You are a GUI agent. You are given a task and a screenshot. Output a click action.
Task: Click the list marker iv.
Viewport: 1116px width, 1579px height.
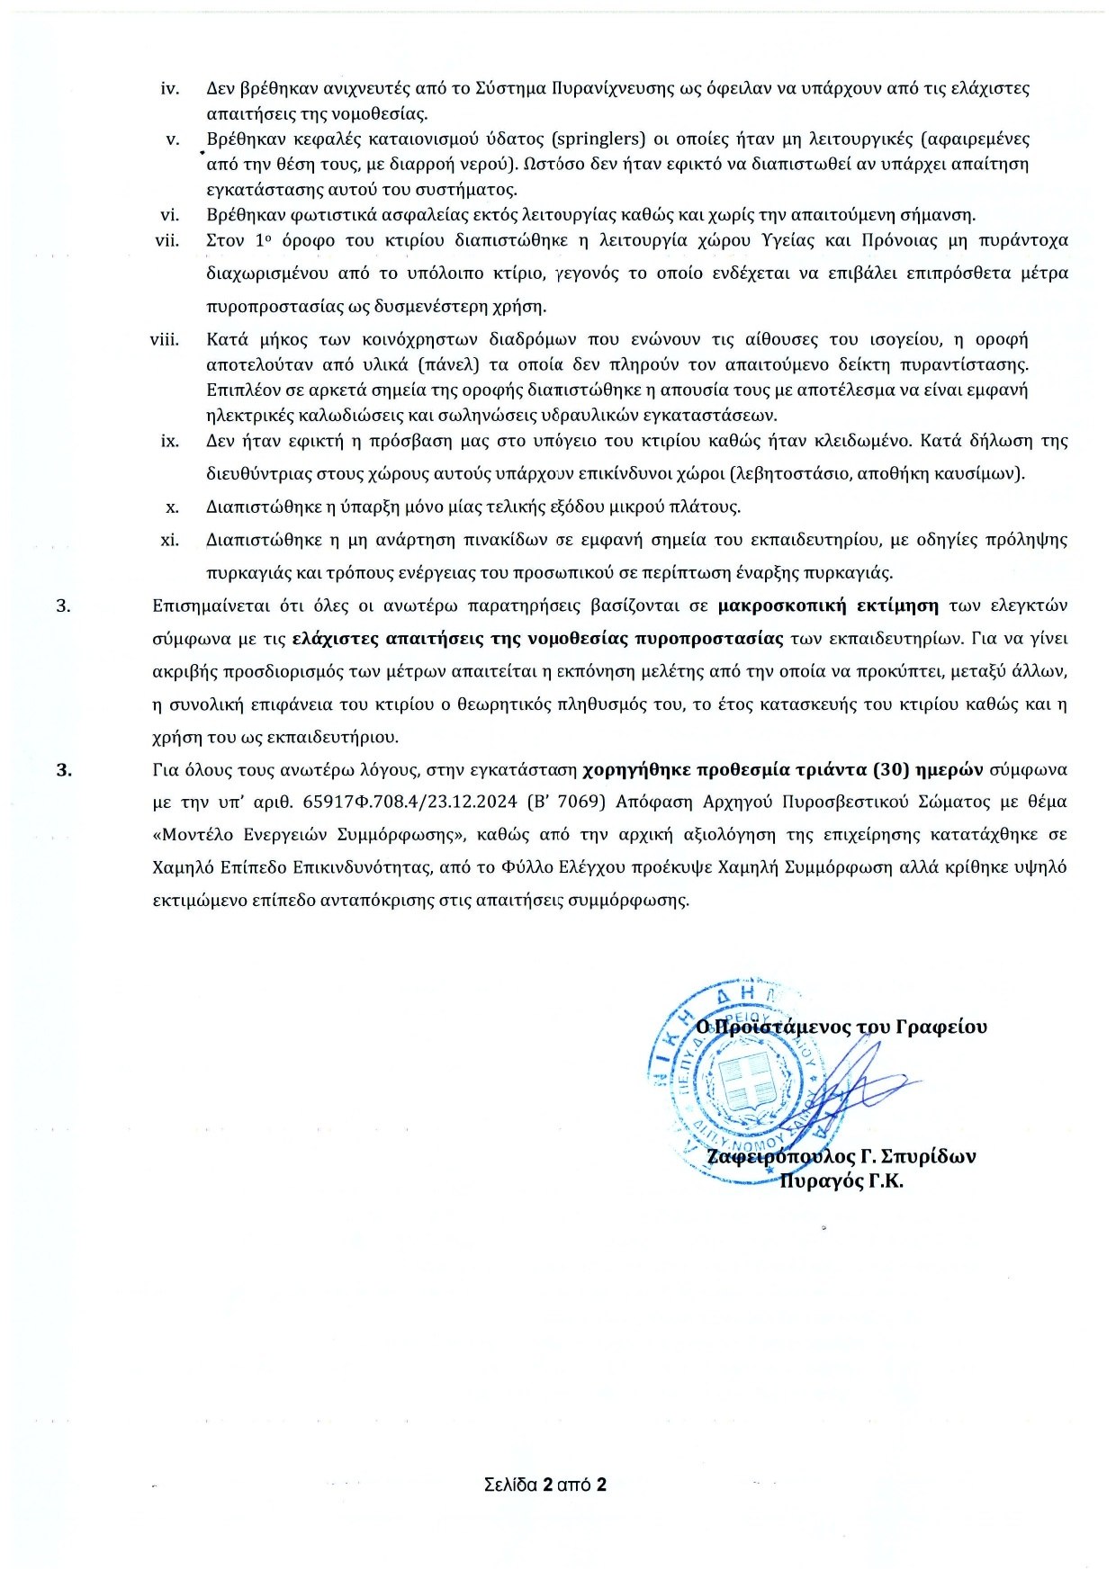pos(169,88)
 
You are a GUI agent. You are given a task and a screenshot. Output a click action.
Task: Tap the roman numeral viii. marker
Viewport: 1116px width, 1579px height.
pos(165,339)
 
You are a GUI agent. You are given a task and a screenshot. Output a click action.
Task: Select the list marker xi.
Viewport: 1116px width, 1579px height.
pos(169,540)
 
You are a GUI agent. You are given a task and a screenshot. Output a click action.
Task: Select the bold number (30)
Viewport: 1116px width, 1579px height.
pos(889,769)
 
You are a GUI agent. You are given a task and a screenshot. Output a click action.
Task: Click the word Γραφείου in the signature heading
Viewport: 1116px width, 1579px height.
pos(940,1027)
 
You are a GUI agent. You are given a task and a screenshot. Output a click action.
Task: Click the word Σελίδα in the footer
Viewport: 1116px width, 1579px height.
pos(510,1485)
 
